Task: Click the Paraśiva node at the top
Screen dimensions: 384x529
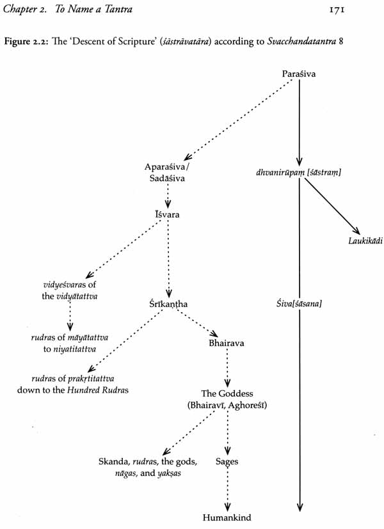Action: [x=299, y=74]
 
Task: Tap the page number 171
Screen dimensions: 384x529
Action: [x=337, y=10]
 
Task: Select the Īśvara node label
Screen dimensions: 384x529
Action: [x=167, y=214]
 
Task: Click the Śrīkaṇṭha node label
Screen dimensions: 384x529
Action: [x=168, y=304]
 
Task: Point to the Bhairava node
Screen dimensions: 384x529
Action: [x=227, y=343]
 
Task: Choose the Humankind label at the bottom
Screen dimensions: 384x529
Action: [x=227, y=517]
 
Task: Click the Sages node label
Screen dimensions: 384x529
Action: [x=227, y=462]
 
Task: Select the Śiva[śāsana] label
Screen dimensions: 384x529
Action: [x=299, y=304]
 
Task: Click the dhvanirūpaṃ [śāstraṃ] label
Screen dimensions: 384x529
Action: [x=299, y=173]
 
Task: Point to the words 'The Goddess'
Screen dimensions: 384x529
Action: [x=227, y=393]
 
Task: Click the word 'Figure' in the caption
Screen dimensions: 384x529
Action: [x=17, y=42]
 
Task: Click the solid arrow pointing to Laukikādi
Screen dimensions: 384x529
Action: [x=332, y=206]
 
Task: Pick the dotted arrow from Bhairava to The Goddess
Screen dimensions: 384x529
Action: [x=227, y=368]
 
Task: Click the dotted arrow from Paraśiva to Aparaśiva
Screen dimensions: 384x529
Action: [x=238, y=120]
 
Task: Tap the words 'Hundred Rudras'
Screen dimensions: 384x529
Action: [x=98, y=390]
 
